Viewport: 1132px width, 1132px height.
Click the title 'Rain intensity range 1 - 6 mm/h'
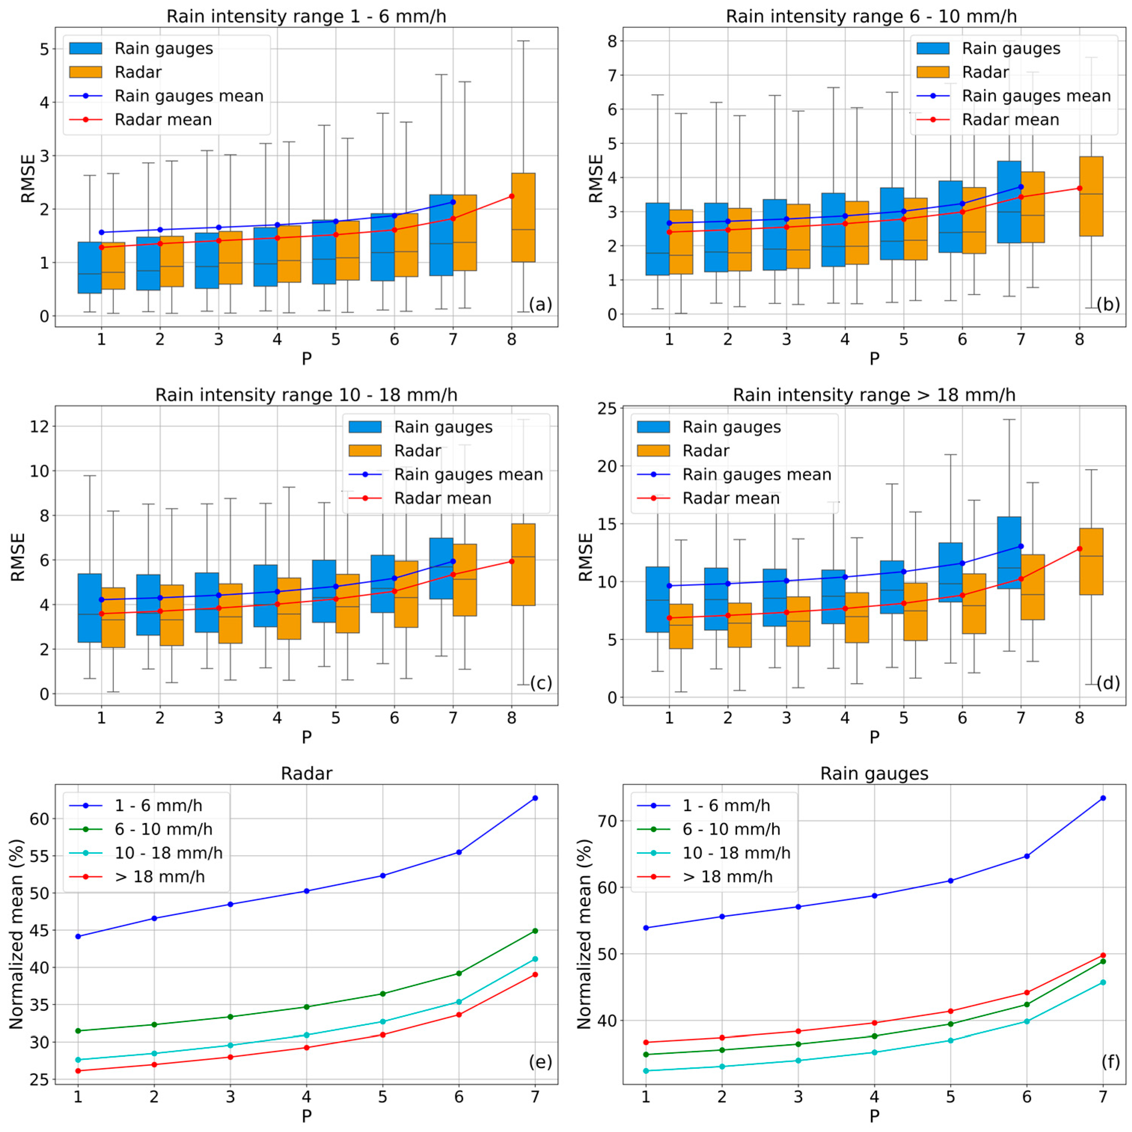tap(306, 16)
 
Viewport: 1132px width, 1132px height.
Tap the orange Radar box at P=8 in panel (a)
tap(523, 217)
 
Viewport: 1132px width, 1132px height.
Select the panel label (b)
tap(1107, 305)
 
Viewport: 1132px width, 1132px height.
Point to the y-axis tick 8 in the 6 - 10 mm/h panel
tap(612, 41)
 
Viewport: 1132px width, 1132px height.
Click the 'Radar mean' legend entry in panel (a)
tap(163, 120)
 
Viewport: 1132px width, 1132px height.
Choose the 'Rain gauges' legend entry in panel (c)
tap(443, 427)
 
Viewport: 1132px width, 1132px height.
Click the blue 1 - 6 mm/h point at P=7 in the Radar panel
tap(535, 798)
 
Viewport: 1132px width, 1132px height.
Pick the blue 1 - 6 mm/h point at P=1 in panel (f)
tap(646, 927)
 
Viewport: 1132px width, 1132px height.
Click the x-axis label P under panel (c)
tap(306, 737)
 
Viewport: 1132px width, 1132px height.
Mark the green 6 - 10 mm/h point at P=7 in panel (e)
tap(535, 930)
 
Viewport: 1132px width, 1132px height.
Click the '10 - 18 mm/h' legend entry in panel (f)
tap(736, 853)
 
